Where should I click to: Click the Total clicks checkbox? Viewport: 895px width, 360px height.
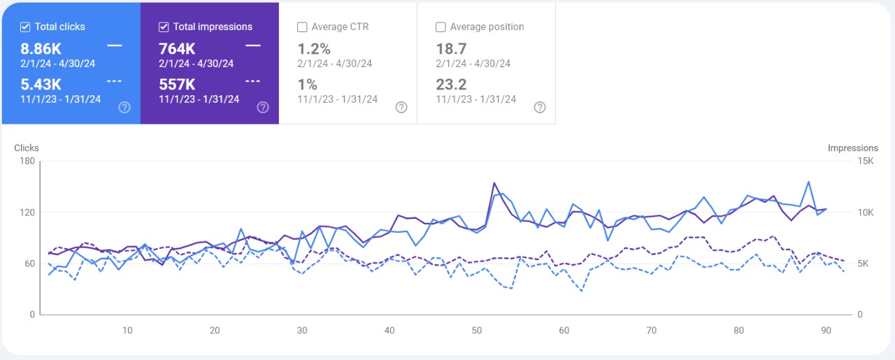tap(25, 27)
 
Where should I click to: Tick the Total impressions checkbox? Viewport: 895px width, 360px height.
tap(164, 27)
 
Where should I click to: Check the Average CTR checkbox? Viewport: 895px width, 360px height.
tap(302, 27)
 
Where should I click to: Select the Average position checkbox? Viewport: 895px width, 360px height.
tap(441, 27)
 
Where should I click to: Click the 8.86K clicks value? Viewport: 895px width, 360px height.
tap(41, 49)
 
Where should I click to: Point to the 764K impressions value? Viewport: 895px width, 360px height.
tap(177, 49)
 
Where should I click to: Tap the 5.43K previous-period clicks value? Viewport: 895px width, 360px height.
tap(41, 85)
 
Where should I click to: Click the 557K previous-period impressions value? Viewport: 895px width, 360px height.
tap(177, 85)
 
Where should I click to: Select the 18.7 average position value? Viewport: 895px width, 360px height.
tap(451, 49)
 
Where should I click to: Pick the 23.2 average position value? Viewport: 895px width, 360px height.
tap(451, 85)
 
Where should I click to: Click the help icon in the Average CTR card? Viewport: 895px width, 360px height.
tap(401, 107)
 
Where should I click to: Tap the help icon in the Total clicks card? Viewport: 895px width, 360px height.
tap(124, 107)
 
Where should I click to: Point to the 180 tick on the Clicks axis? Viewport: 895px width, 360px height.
tap(27, 161)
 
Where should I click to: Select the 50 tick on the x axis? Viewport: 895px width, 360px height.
tap(477, 331)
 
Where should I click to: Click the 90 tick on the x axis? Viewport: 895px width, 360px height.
tap(826, 331)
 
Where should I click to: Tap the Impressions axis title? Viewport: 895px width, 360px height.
tap(852, 148)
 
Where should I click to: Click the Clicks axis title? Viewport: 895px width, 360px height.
tap(27, 148)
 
